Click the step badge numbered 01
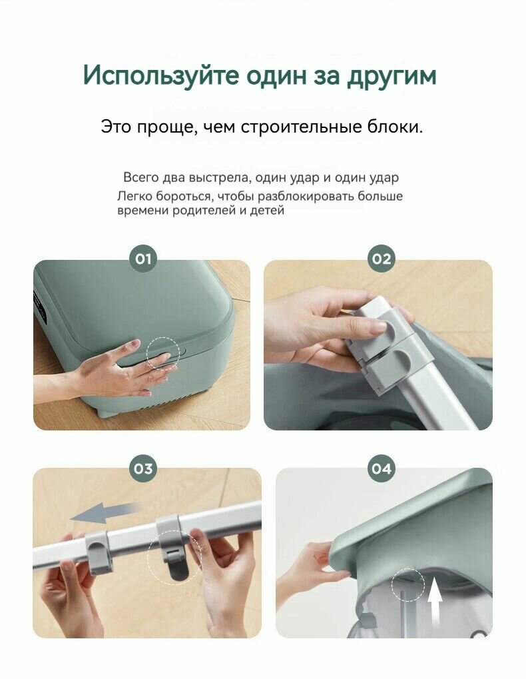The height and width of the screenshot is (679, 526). pos(143,259)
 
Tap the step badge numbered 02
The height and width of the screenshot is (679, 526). pos(381,259)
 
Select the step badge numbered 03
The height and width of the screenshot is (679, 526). pos(143,468)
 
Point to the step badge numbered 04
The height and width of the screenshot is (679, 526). pos(381,468)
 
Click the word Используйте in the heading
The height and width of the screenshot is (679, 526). pos(161,76)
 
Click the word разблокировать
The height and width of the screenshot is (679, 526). pos(306,197)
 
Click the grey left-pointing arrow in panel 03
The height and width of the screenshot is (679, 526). pos(105,513)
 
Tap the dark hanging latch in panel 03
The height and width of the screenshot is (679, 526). pos(177,564)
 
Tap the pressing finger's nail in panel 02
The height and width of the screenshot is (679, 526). pos(378,327)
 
